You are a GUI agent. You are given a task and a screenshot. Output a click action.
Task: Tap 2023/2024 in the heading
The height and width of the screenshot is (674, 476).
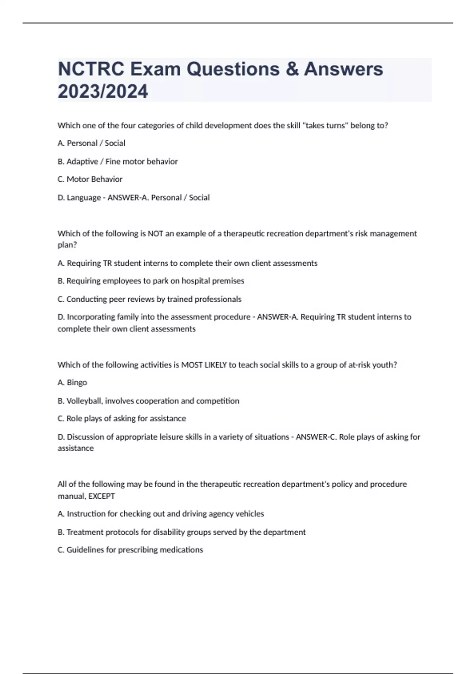tap(103, 92)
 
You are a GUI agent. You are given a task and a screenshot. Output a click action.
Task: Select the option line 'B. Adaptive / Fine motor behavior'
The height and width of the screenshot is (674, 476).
tap(117, 161)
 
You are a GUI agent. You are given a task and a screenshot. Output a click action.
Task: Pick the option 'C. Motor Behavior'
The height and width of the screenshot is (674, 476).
tap(90, 179)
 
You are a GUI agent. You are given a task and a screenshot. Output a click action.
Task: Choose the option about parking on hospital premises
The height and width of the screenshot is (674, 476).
tap(151, 281)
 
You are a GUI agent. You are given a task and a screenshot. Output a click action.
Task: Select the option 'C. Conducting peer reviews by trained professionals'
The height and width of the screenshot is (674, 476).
tap(150, 299)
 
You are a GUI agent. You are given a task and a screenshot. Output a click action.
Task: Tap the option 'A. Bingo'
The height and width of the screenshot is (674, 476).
tap(72, 383)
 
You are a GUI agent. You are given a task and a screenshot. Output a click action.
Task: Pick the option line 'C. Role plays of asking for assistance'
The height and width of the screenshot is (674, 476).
tap(121, 419)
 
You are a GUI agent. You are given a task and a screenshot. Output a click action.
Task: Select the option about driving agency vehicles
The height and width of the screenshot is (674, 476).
tap(161, 514)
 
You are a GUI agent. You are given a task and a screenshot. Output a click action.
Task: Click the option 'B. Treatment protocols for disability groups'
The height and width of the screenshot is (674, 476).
tap(181, 532)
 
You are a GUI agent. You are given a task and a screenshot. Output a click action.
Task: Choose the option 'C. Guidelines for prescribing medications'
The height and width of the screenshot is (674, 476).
tap(130, 550)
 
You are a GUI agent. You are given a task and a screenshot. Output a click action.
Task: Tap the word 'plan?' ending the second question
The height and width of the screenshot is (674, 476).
tap(67, 245)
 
